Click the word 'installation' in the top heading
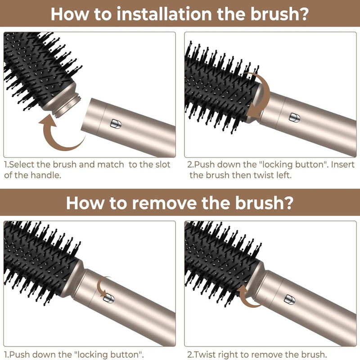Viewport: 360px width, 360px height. (164, 14)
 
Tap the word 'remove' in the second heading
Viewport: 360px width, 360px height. (164, 203)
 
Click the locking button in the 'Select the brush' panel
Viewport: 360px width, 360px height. (116, 124)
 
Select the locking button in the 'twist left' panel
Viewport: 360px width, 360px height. (294, 117)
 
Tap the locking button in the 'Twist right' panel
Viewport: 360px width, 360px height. (289, 300)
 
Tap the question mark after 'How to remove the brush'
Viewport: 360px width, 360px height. (288, 203)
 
